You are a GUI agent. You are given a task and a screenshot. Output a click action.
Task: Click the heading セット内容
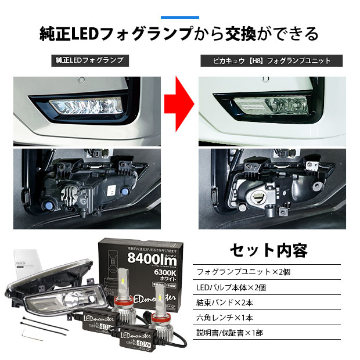[269, 250]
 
